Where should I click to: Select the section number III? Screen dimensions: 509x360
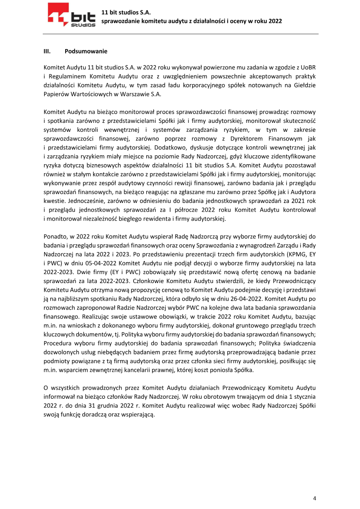(46, 51)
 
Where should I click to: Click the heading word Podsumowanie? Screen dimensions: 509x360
(86, 51)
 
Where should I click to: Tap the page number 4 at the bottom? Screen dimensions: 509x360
(315, 498)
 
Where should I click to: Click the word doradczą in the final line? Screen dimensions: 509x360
(93, 415)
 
